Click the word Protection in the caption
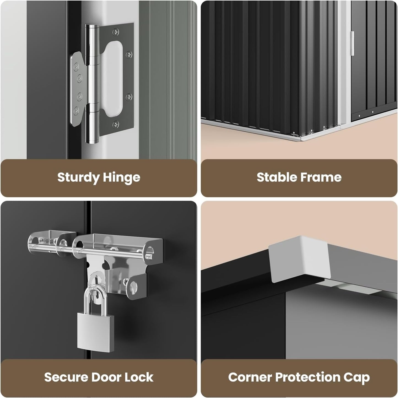pyautogui.click(x=308, y=377)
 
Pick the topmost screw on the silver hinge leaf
pyautogui.click(x=77, y=67)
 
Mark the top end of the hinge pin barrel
pyautogui.click(x=92, y=26)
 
